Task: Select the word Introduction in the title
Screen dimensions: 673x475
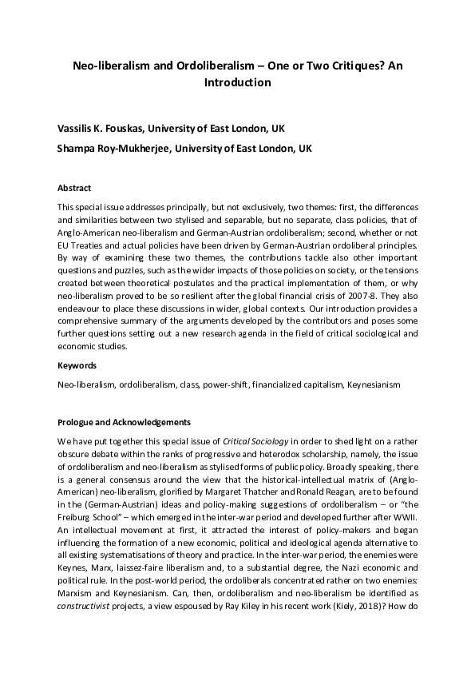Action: point(237,82)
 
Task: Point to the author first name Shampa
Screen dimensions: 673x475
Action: point(78,149)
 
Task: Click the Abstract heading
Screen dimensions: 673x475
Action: point(74,188)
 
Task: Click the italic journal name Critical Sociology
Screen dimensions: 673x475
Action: point(255,441)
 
